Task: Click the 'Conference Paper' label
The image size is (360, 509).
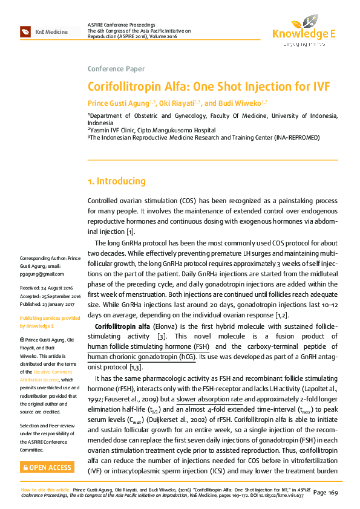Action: pos(116,68)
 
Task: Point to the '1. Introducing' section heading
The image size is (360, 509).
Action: pos(117,181)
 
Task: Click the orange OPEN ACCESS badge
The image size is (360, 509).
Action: pos(47,467)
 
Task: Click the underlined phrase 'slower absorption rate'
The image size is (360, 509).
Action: pos(209,400)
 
